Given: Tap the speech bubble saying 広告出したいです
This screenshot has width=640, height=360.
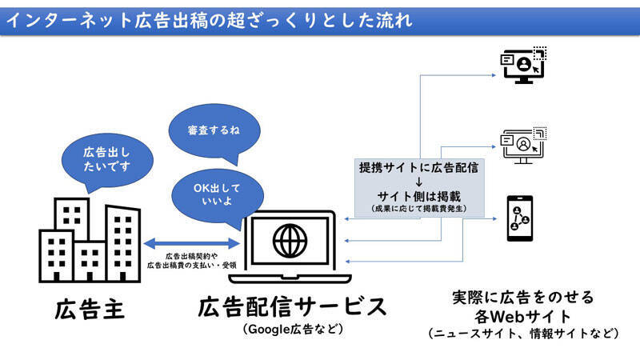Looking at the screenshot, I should (106, 158).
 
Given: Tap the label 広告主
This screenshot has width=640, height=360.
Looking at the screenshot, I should (88, 309).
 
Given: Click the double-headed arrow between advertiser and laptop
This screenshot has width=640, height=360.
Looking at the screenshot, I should (192, 242).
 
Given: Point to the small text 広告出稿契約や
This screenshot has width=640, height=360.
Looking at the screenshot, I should (193, 255).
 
